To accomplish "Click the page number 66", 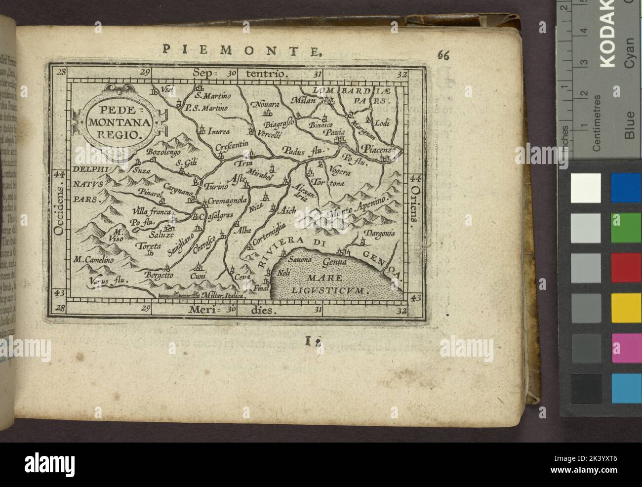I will (x=443, y=55).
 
